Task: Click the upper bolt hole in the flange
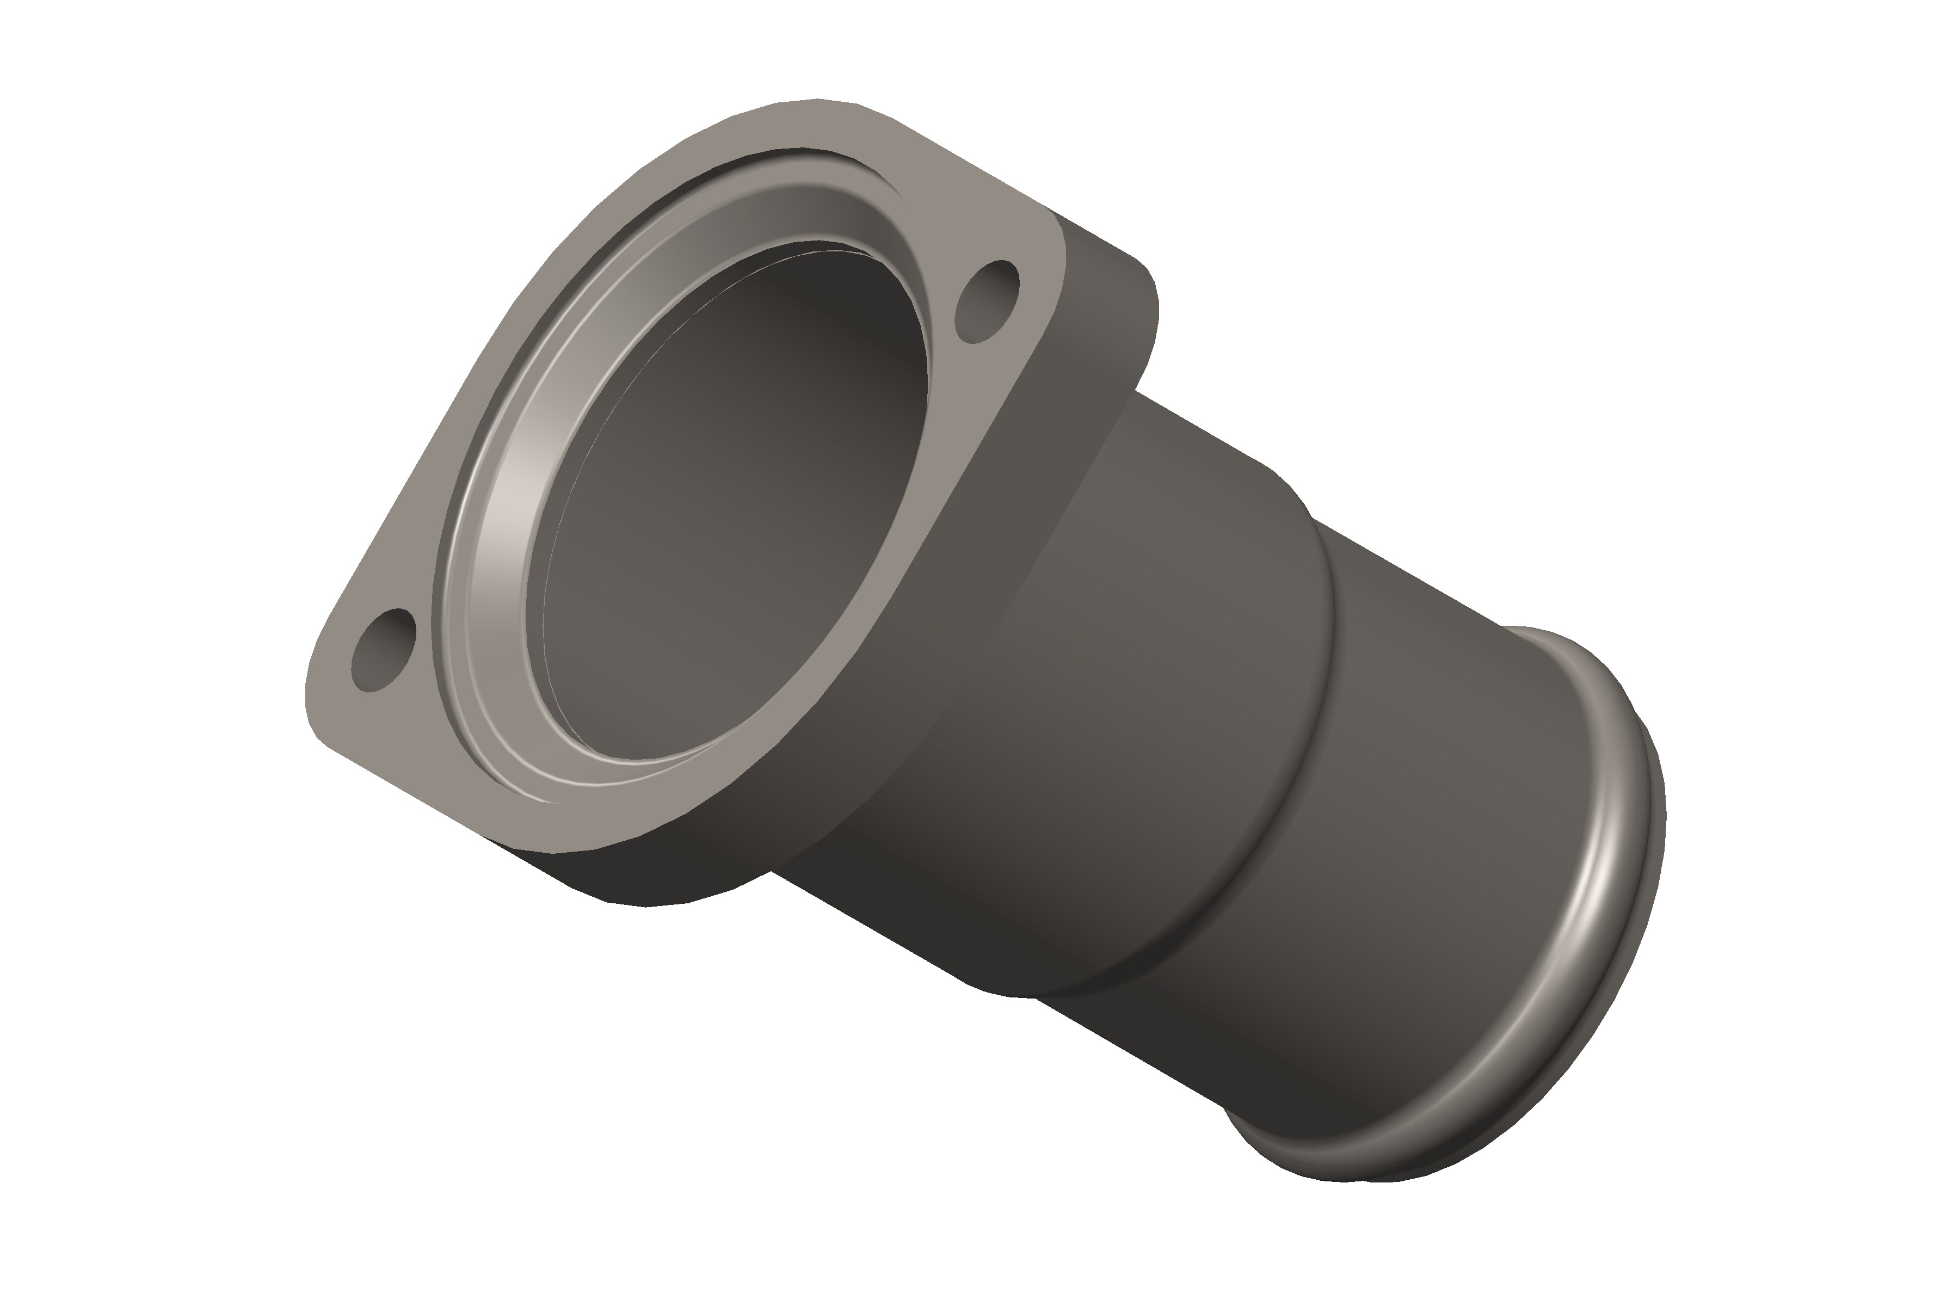(x=988, y=301)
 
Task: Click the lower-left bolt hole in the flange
(x=384, y=650)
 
